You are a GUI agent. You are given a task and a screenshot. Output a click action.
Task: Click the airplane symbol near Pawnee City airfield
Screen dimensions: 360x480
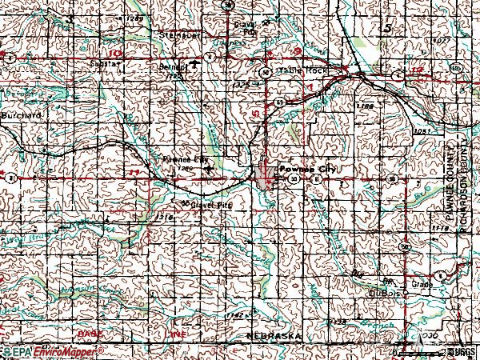[x=209, y=169]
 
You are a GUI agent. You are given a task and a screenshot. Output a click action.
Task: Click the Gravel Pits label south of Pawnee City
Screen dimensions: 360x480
[x=210, y=206]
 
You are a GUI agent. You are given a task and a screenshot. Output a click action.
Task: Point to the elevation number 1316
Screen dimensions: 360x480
[x=166, y=216]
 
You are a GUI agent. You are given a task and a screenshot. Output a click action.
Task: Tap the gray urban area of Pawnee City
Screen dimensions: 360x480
[x=265, y=176]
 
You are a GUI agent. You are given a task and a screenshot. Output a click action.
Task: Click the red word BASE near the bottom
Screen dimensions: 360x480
[x=86, y=331]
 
